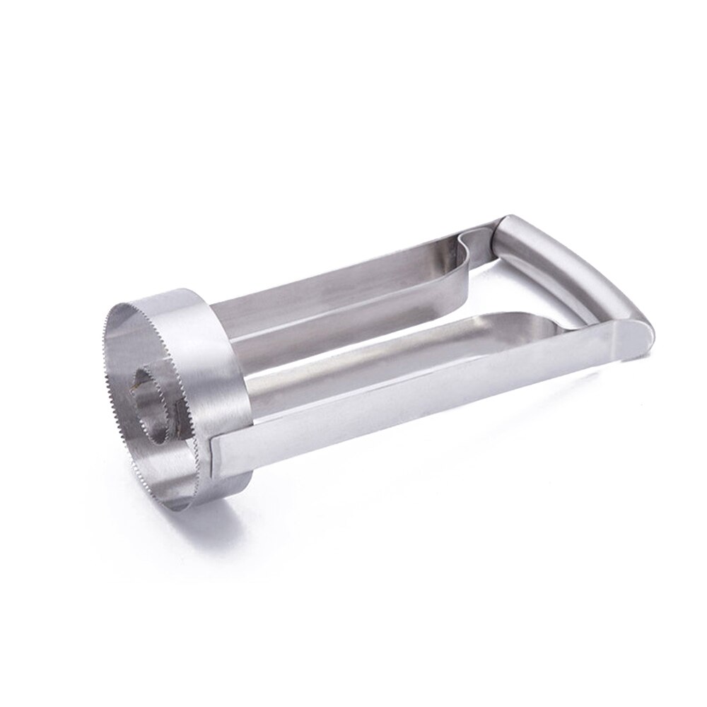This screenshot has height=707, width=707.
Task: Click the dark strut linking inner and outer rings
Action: [x=134, y=385]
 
